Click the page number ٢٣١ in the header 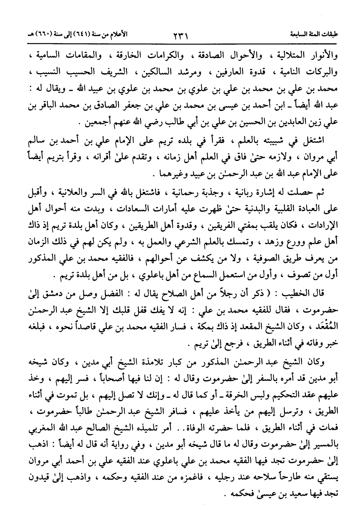click(x=180, y=37)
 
